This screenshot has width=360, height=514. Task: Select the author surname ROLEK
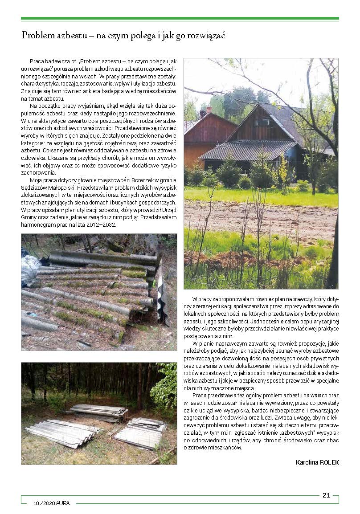pyautogui.click(x=328, y=462)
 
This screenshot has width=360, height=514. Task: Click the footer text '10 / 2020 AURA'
pyautogui.click(x=55, y=503)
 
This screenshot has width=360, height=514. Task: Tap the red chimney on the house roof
pyautogui.click(x=209, y=110)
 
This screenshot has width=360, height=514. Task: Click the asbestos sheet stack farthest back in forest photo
pyautogui.click(x=99, y=412)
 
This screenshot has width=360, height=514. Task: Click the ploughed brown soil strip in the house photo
pyautogui.click(x=261, y=218)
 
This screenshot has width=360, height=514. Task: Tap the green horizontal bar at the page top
pyautogui.click(x=180, y=19)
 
